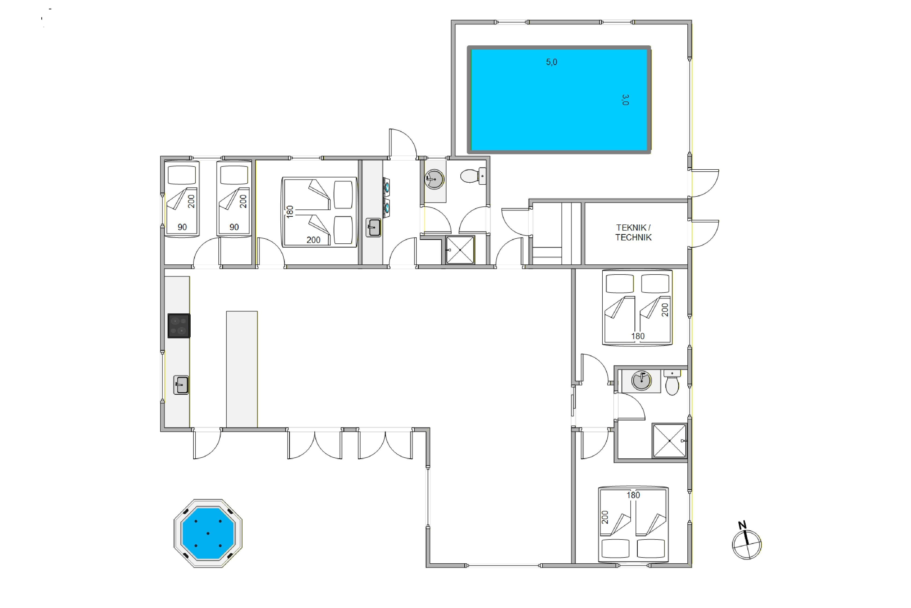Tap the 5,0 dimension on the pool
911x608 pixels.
click(x=551, y=62)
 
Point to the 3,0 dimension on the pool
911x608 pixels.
click(x=625, y=100)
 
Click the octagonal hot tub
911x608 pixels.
click(x=208, y=533)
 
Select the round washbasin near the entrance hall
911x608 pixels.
click(x=434, y=179)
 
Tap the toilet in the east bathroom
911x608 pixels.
click(x=672, y=382)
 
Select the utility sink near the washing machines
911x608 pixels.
click(x=373, y=228)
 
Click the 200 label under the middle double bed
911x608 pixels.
click(x=313, y=240)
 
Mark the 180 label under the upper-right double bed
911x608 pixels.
click(x=638, y=336)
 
